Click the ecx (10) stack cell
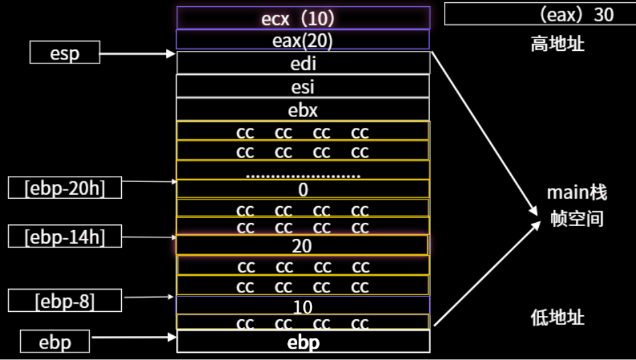point(303,18)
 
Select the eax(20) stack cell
point(303,40)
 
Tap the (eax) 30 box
point(539,14)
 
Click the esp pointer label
point(65,53)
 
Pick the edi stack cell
point(303,64)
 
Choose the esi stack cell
point(303,86)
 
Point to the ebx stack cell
point(303,109)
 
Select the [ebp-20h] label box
point(65,188)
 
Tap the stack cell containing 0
point(303,190)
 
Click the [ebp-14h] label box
point(65,236)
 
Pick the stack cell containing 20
point(302,246)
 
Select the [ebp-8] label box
point(65,301)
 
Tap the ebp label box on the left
point(56,342)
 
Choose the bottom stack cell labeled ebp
point(303,343)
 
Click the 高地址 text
point(557,44)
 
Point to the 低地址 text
point(557,317)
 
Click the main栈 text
point(576,193)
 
